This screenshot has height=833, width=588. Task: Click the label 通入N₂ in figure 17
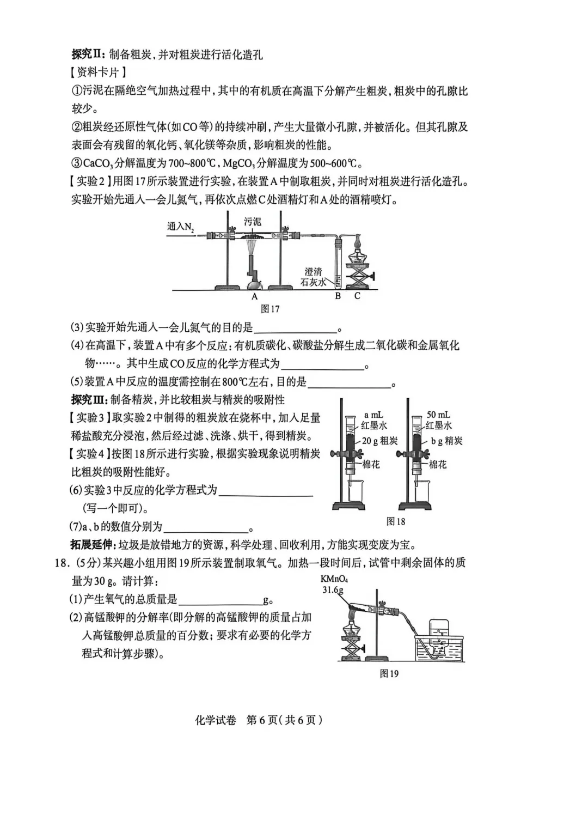tap(181, 227)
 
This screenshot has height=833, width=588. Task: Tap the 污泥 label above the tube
tap(252, 222)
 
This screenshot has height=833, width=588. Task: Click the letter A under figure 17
tap(254, 296)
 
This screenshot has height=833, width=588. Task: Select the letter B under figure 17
tap(338, 296)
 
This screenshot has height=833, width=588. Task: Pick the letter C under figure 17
tap(357, 296)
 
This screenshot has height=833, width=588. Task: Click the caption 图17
tap(270, 309)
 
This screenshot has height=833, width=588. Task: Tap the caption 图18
tap(396, 521)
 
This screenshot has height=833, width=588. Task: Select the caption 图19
tap(389, 673)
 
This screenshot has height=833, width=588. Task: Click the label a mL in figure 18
tap(373, 415)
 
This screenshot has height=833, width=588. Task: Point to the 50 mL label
tap(438, 415)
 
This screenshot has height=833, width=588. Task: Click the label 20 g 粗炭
tap(379, 441)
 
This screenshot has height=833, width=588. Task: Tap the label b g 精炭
tap(446, 441)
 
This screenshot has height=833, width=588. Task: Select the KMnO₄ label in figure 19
tap(334, 579)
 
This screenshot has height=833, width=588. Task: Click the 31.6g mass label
tap(333, 590)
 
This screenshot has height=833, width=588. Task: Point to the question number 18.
tap(62, 563)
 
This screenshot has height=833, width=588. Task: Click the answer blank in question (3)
tap(295, 327)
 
